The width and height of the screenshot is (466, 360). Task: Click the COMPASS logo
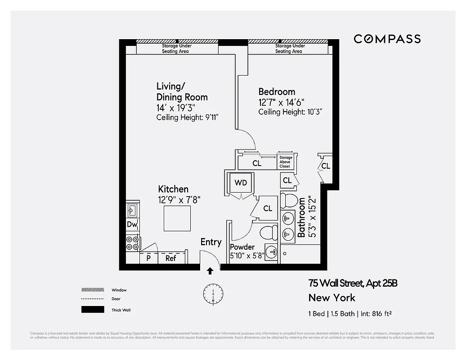(387, 39)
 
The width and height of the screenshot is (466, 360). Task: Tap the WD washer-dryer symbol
(241, 183)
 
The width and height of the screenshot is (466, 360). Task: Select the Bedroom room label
(277, 92)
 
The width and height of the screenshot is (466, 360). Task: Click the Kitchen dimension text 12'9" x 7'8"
(179, 200)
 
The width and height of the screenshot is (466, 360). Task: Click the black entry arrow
(210, 271)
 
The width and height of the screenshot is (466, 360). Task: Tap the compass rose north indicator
(213, 294)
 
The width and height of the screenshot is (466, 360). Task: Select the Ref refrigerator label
(170, 258)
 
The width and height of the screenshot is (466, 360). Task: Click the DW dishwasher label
(132, 225)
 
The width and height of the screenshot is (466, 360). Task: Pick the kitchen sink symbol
(132, 209)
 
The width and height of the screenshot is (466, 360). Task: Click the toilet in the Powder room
(270, 233)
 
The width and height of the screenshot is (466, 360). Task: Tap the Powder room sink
(272, 252)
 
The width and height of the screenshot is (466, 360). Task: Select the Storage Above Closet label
(285, 162)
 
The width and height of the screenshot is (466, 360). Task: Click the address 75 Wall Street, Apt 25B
(353, 283)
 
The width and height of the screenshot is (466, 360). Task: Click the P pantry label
(148, 258)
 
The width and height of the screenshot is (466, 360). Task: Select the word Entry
(211, 242)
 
